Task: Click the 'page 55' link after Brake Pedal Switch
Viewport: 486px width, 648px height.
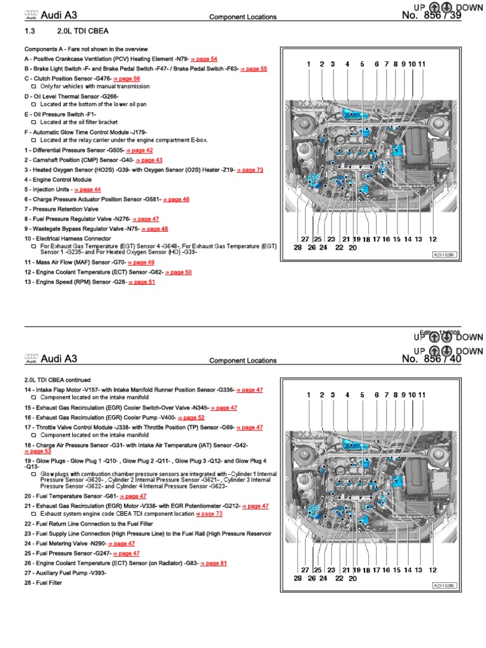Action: pyautogui.click(x=255, y=68)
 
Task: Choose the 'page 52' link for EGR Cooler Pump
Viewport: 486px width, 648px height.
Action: pyautogui.click(x=193, y=418)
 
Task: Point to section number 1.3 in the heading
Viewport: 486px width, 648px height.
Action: pyautogui.click(x=29, y=30)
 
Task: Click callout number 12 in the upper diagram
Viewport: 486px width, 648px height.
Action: pyautogui.click(x=433, y=239)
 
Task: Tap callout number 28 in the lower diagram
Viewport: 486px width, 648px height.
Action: pyautogui.click(x=297, y=578)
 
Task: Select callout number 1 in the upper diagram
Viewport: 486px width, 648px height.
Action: pyautogui.click(x=309, y=64)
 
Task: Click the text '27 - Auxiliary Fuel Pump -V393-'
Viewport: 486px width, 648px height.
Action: pyautogui.click(x=65, y=573)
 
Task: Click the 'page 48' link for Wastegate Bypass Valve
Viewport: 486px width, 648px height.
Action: pyautogui.click(x=156, y=228)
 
